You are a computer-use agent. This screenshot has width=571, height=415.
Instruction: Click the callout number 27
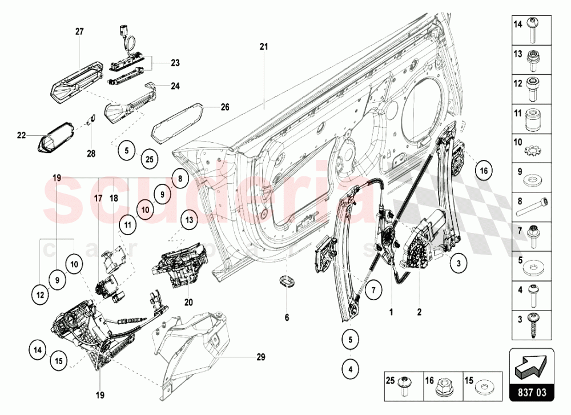tap(79, 32)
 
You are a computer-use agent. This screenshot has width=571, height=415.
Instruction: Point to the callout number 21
tap(263, 46)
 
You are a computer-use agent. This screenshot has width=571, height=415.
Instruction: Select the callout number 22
tap(22, 135)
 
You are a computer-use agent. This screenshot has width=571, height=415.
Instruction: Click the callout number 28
tap(91, 153)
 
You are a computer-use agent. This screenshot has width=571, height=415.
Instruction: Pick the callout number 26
tap(225, 107)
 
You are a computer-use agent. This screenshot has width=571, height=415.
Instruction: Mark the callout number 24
tap(175, 87)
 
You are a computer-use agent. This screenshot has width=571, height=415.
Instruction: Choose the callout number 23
tap(175, 63)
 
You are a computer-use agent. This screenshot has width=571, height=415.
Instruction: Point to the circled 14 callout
tap(38, 349)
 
